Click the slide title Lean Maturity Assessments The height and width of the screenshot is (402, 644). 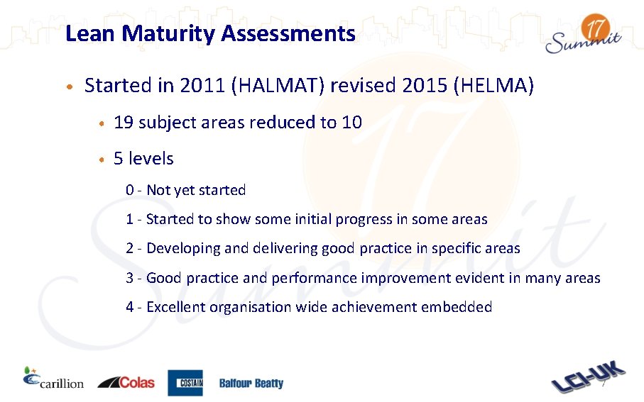210,33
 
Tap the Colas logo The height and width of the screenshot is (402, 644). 126,382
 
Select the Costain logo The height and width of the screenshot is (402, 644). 185,383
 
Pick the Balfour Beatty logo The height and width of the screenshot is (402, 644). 251,384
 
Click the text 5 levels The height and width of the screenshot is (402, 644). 143,158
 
